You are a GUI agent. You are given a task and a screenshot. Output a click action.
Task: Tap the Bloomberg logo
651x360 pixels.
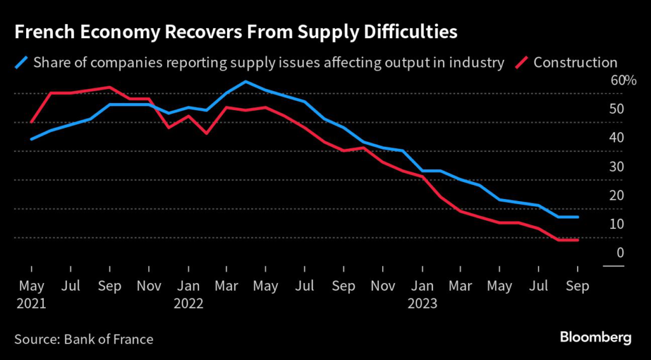[596, 337]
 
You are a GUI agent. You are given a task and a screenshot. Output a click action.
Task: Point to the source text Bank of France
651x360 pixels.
[109, 339]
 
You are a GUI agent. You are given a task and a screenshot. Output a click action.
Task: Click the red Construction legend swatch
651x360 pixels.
[522, 62]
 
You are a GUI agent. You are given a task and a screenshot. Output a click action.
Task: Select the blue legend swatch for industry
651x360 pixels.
[22, 62]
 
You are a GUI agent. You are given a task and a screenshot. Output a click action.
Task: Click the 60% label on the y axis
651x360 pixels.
[623, 80]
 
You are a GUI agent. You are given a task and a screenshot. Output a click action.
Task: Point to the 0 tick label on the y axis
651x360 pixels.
[620, 253]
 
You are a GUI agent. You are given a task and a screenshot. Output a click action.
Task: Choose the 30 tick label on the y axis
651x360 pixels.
[617, 167]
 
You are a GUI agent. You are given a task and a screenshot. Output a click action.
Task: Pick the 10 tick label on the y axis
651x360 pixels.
[617, 224]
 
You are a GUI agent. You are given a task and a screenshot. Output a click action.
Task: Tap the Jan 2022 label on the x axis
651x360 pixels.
[188, 294]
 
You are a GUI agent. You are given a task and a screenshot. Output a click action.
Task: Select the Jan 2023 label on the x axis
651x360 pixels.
[422, 294]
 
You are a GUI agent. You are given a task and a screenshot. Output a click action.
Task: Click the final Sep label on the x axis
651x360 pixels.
[578, 286]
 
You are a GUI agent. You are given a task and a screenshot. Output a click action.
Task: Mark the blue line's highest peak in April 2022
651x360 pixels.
[245, 81]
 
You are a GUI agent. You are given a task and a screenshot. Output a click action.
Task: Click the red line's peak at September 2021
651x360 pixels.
[109, 87]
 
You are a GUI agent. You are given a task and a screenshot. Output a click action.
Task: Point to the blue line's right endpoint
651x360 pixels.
[578, 217]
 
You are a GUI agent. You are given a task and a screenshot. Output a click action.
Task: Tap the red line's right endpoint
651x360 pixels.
[578, 240]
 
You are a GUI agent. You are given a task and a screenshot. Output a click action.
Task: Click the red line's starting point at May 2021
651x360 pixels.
[31, 122]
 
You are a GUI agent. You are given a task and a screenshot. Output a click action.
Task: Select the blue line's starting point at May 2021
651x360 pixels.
[31, 139]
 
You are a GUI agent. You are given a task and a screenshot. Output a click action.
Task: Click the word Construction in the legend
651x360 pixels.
[575, 62]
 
